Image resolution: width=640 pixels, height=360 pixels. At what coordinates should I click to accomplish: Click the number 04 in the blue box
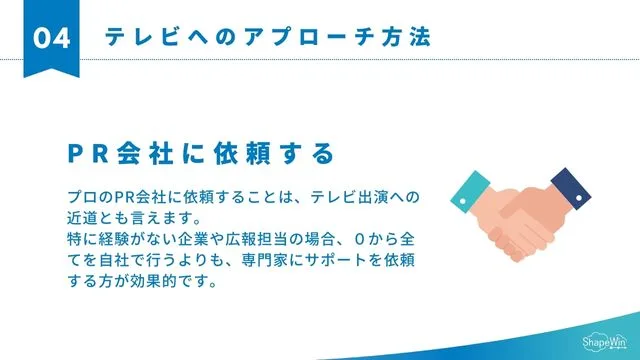(51, 38)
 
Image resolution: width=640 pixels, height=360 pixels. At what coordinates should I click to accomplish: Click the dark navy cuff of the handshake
(563, 183)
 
